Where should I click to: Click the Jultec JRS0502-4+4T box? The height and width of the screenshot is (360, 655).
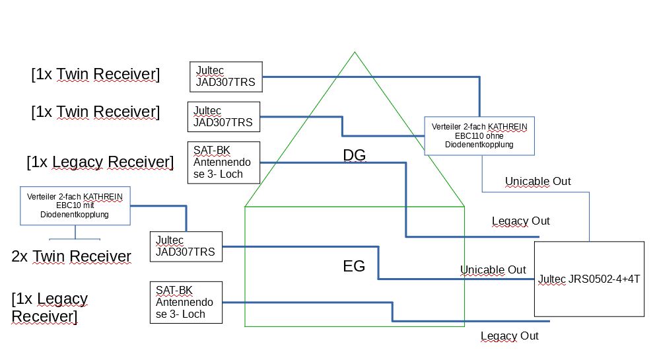tap(588, 279)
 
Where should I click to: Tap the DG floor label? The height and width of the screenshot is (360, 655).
tap(354, 155)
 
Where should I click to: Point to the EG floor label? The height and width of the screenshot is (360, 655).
tap(354, 266)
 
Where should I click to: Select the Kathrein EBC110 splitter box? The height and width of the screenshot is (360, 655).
tap(479, 135)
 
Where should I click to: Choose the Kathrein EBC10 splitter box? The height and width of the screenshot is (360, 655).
tap(75, 205)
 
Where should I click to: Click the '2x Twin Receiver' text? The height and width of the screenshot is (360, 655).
tap(71, 256)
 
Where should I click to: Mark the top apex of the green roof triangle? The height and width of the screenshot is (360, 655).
tap(355, 52)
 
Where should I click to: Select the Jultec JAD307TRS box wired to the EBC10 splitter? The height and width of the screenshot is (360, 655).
tap(186, 246)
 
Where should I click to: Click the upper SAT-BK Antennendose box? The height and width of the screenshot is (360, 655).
tap(223, 162)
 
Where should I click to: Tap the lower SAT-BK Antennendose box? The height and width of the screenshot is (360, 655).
tap(186, 302)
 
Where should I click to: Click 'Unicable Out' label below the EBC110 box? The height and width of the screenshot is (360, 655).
tap(537, 181)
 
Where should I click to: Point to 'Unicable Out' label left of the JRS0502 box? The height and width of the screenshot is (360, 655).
tap(493, 270)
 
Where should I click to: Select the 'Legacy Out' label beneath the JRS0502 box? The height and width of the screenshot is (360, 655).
tap(509, 336)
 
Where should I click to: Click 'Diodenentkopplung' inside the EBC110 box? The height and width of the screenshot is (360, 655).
tap(479, 144)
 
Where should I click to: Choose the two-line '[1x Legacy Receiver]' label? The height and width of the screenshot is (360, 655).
tap(49, 307)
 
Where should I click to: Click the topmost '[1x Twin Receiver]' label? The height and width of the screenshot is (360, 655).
tap(95, 74)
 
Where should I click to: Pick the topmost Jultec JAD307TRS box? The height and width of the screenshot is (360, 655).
tap(226, 77)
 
